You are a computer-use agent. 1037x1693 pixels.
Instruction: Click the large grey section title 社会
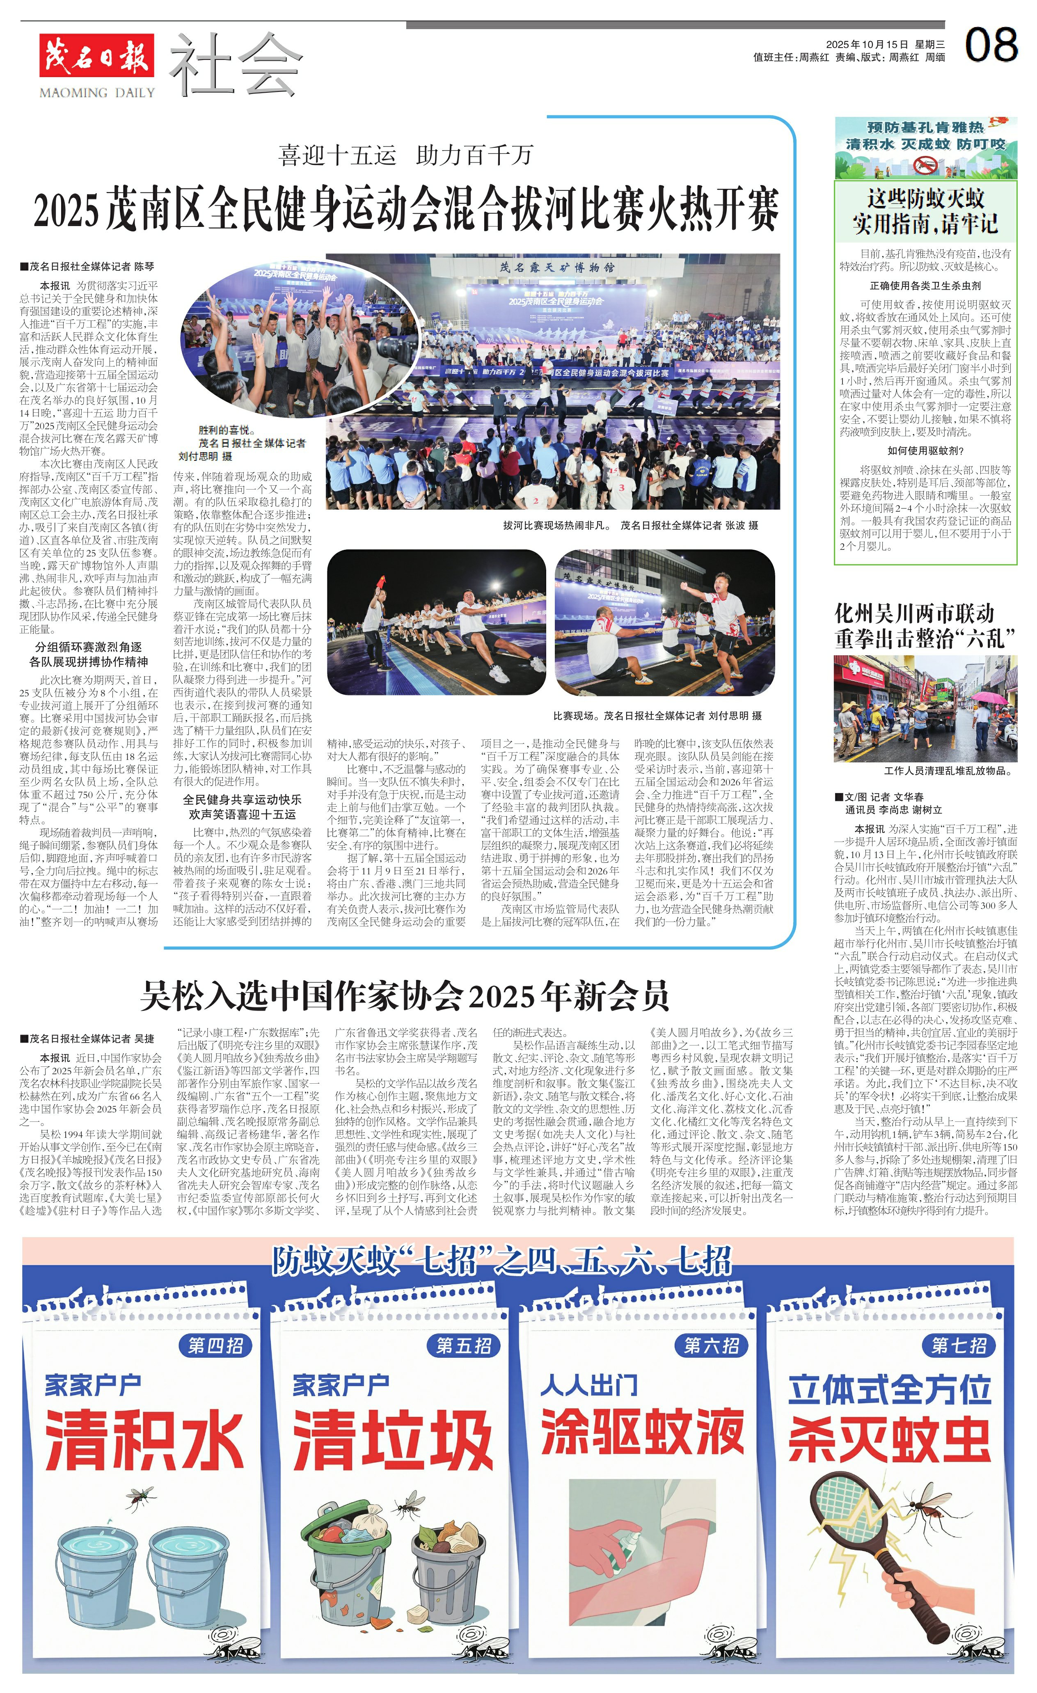tap(235, 65)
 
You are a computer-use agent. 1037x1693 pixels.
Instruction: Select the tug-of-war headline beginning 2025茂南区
tap(405, 209)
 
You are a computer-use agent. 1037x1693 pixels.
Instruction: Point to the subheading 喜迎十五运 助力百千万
tap(405, 155)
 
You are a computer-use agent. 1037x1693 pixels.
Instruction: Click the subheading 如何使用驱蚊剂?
tap(925, 451)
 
